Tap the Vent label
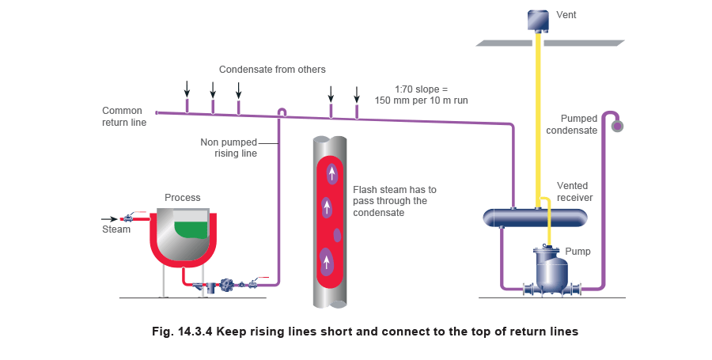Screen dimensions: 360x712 coord(566,14)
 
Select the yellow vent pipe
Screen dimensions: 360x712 coord(538,119)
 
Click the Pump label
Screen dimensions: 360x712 coord(577,252)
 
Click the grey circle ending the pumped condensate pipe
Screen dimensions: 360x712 coord(617,126)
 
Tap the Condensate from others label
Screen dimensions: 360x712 coord(260,70)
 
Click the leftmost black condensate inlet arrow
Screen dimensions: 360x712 coord(187,88)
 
